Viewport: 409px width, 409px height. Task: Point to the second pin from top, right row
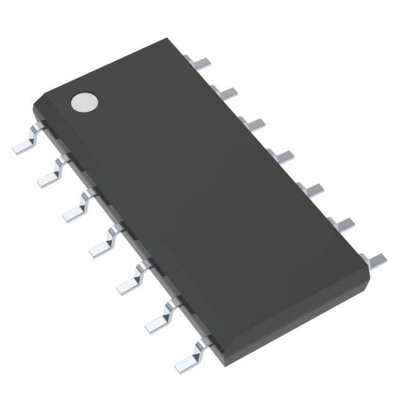click(x=227, y=93)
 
